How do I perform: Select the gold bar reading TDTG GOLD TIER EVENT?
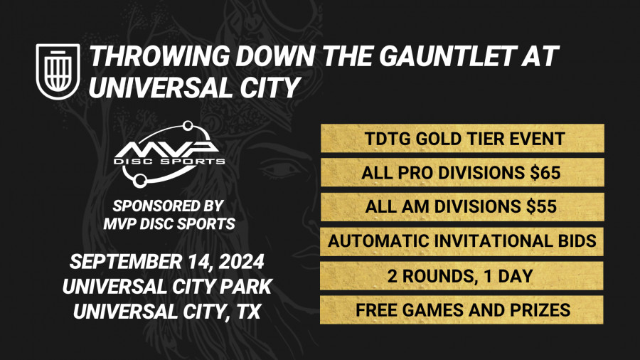click(x=462, y=138)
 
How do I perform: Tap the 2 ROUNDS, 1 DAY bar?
click(x=462, y=276)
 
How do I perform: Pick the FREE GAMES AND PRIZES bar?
click(x=462, y=310)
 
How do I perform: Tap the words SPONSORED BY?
click(x=170, y=206)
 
